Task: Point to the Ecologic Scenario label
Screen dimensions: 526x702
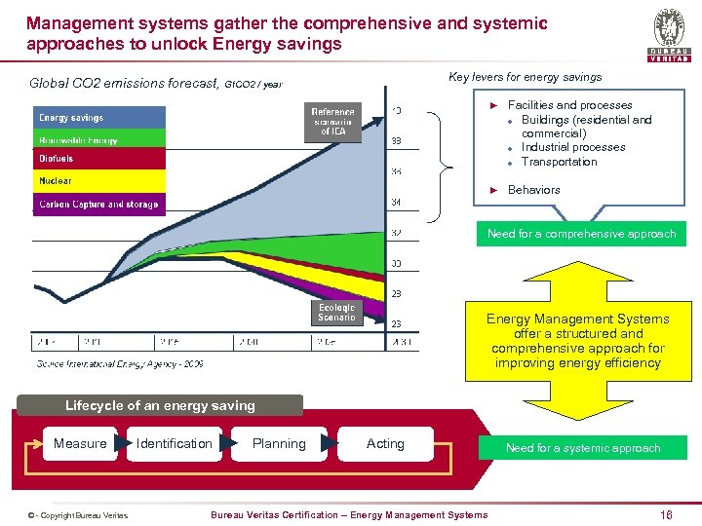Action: click(336, 312)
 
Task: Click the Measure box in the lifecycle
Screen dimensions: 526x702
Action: click(80, 444)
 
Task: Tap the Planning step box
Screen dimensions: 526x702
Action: click(279, 444)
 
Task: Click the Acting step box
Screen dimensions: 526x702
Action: click(385, 444)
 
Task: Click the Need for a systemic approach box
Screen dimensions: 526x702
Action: click(583, 448)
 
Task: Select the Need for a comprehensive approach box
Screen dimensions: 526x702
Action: click(582, 234)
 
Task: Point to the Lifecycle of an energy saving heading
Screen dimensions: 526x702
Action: click(160, 405)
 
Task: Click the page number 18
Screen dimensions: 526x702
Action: click(666, 514)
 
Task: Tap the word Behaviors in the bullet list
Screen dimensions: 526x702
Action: click(534, 190)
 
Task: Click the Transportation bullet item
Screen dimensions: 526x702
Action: click(559, 162)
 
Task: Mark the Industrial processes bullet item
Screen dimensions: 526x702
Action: click(573, 147)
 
